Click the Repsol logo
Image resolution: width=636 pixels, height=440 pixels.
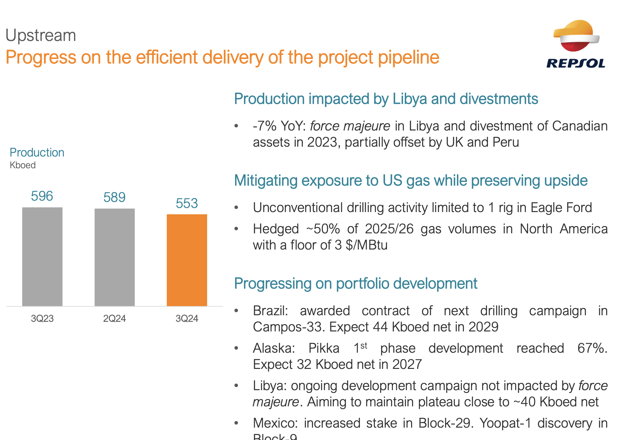[x=576, y=44]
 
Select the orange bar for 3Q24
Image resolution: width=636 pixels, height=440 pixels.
[x=187, y=260]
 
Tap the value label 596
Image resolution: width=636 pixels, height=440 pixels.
[x=42, y=196]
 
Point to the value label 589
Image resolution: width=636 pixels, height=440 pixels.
[x=114, y=197]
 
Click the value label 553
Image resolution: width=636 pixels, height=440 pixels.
[x=187, y=203]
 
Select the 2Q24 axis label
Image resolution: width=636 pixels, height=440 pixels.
[x=114, y=318]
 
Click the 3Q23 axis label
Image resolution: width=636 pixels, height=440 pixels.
[x=42, y=318]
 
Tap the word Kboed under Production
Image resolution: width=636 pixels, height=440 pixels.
[x=23, y=165]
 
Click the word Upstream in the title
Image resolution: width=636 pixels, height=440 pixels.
[x=41, y=35]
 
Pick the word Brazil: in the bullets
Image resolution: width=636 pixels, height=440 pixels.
[x=270, y=311]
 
